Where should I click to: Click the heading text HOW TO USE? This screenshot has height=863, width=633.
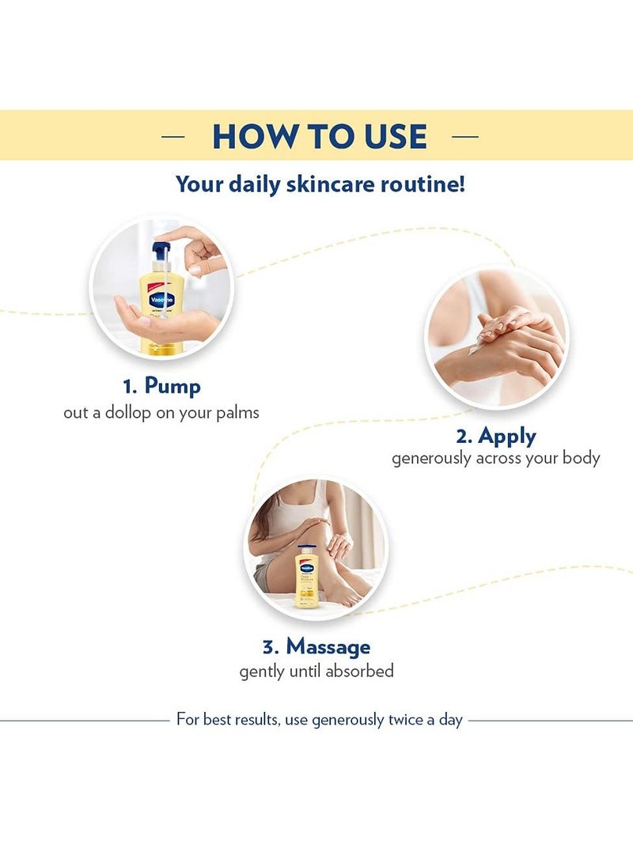(x=320, y=136)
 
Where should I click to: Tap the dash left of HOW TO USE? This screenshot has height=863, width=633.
(x=172, y=136)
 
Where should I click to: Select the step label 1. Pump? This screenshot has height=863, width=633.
(x=161, y=386)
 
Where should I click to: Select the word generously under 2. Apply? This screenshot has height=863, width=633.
(x=431, y=459)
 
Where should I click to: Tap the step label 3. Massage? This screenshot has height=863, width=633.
(x=316, y=646)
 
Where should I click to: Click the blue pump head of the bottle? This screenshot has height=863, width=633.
(x=162, y=252)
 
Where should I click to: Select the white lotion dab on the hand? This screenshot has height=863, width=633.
(x=475, y=346)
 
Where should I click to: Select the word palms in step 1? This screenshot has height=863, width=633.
(x=238, y=413)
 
